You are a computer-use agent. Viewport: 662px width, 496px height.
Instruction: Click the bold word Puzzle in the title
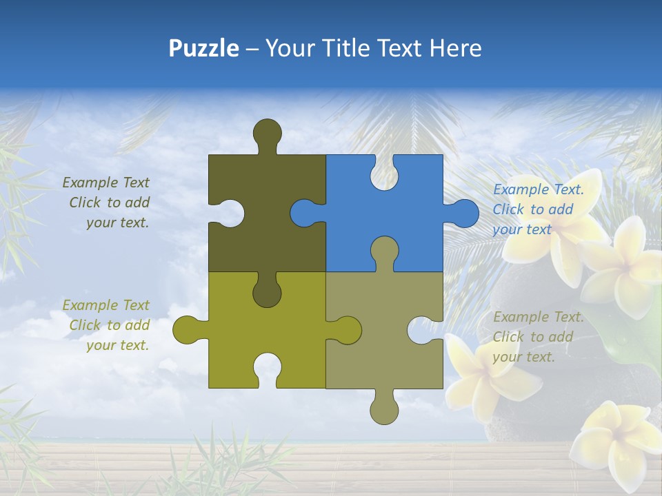pos(203,48)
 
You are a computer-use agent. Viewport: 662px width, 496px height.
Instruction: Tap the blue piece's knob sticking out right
pos(463,213)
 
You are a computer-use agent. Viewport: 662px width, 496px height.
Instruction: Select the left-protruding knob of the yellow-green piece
pos(188,330)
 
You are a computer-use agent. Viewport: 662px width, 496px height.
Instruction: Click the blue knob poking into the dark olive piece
pos(304,213)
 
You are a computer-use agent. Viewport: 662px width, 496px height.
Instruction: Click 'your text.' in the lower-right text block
pos(523,357)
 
